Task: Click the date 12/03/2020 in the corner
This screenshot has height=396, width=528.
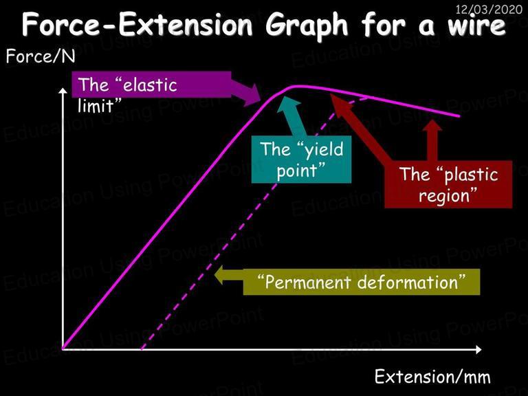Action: (489, 9)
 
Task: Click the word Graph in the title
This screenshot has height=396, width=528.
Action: (307, 25)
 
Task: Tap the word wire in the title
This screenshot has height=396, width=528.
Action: (476, 25)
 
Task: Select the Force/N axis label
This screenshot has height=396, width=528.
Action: (41, 56)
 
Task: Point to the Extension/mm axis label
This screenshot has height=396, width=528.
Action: (432, 376)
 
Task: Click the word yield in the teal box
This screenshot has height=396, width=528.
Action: (324, 149)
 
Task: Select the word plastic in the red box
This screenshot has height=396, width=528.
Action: (471, 175)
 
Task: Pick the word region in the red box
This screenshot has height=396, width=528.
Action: (444, 196)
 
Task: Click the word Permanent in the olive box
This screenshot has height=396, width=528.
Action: (308, 282)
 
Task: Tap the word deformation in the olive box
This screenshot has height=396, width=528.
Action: (408, 282)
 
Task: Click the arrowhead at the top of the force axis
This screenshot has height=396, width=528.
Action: (63, 91)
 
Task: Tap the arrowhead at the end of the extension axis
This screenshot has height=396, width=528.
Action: (478, 349)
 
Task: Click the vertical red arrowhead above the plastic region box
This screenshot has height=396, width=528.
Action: (432, 124)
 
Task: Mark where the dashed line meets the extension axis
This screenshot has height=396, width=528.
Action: (142, 349)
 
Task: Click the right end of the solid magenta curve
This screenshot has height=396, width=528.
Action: (459, 116)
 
